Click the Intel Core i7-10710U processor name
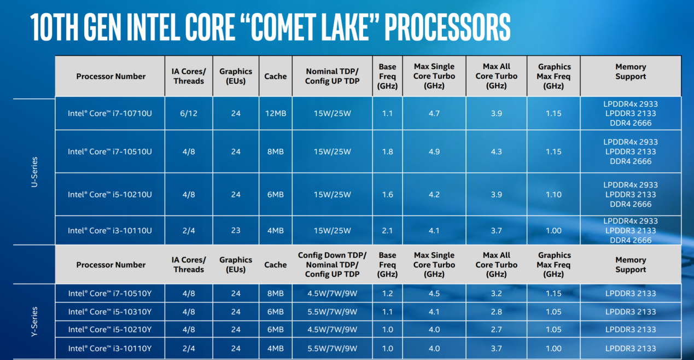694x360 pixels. tap(110, 113)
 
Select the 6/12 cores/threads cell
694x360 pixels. tap(189, 113)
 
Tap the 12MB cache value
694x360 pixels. tap(276, 113)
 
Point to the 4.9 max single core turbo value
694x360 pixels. tap(434, 152)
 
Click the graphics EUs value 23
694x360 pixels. tap(236, 230)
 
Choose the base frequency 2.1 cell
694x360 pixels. tap(387, 230)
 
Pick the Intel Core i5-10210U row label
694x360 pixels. tap(110, 195)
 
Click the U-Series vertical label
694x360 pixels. tap(34, 172)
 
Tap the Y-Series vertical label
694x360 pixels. tap(34, 322)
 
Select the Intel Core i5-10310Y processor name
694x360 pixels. tap(110, 312)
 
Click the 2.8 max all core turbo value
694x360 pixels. tap(497, 312)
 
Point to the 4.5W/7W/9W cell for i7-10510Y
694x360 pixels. tap(332, 293)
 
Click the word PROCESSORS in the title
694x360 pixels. tap(447, 27)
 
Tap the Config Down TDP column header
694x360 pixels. tap(332, 264)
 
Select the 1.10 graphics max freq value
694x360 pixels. tap(553, 195)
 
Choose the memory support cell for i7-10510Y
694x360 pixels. tap(631, 293)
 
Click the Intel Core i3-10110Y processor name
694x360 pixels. tap(110, 349)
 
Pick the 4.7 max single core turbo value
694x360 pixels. tap(434, 113)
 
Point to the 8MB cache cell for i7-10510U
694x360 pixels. tap(276, 152)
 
